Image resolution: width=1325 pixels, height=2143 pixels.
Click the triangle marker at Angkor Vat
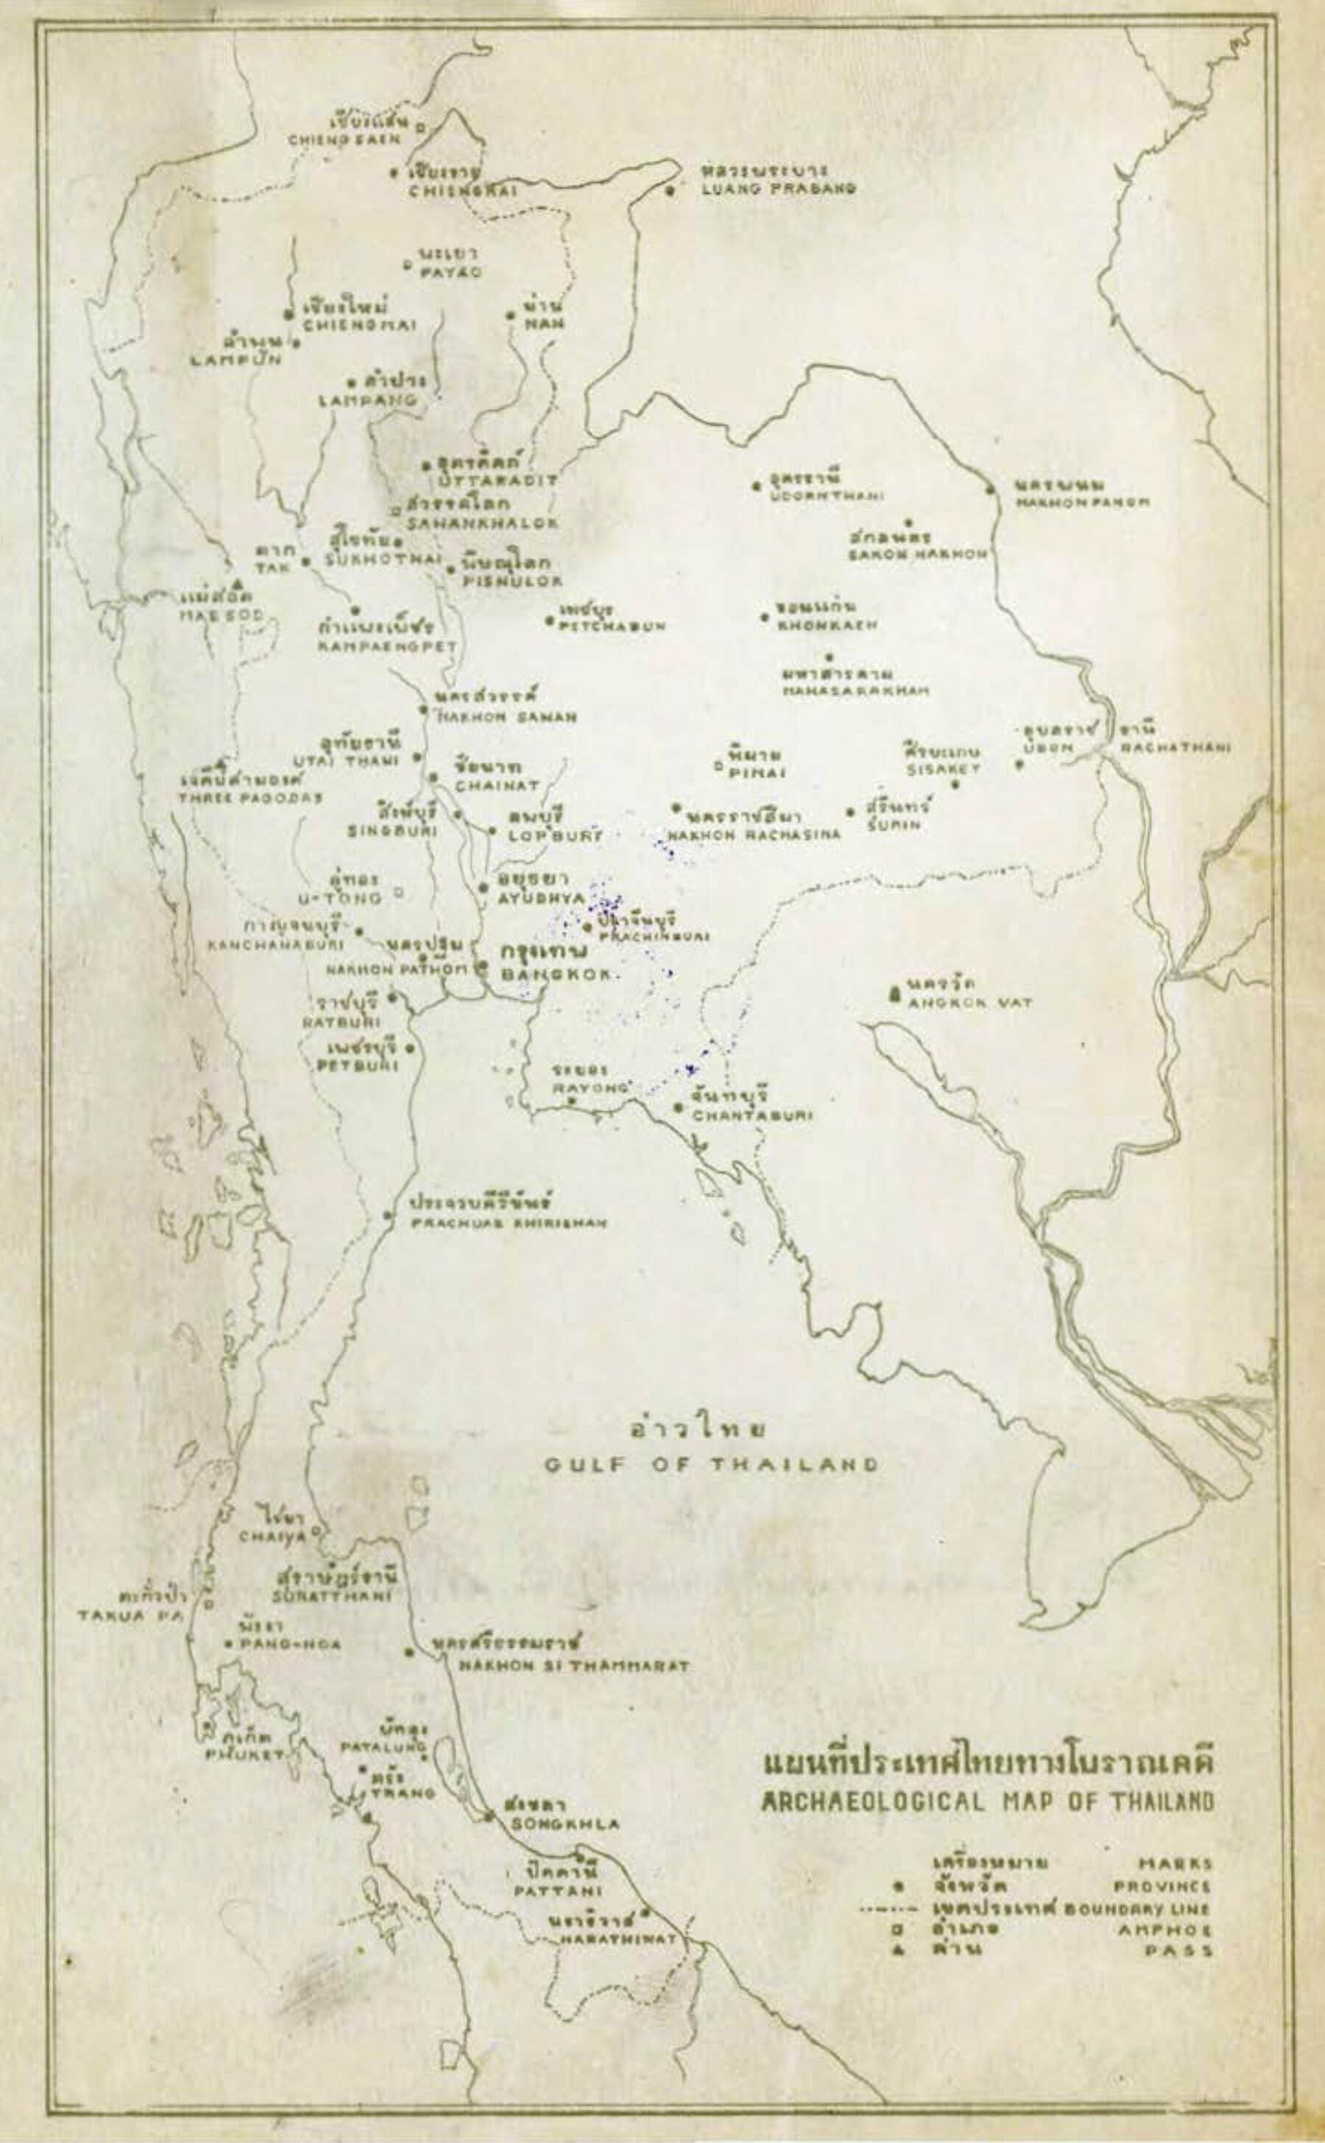point(894,994)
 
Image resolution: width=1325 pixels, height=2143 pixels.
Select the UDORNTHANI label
point(825,496)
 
